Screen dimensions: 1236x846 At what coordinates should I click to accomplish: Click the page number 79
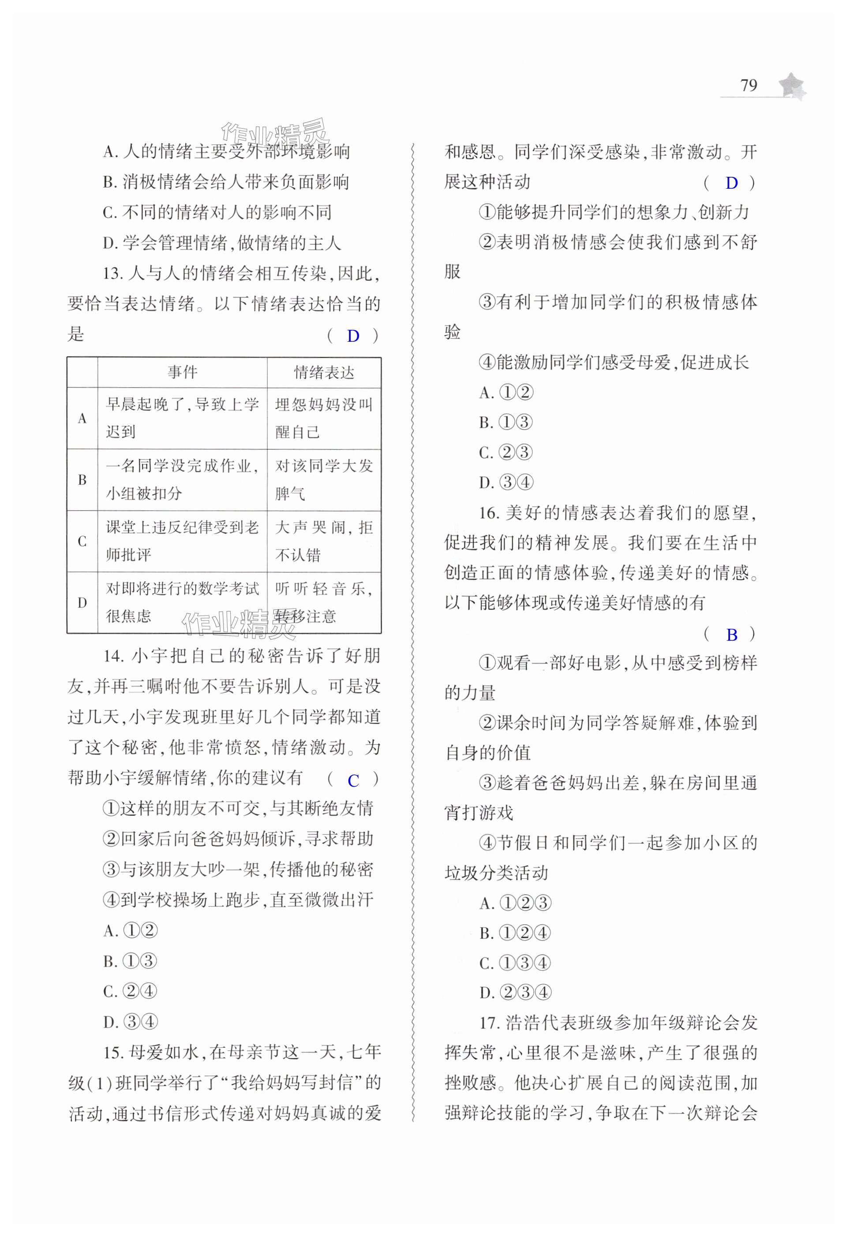[748, 86]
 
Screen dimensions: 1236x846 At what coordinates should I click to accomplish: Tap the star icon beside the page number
[792, 86]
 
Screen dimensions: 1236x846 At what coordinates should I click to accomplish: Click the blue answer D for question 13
[353, 336]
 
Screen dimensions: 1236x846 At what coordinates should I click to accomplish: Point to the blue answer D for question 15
[732, 183]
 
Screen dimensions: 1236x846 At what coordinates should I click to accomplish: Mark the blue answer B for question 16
[732, 635]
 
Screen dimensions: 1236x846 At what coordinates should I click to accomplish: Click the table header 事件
[183, 372]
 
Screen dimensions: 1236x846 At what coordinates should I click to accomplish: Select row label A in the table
[82, 418]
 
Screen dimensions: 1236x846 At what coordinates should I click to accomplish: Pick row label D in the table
[82, 603]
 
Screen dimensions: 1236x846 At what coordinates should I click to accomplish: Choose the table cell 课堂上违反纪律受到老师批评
[183, 541]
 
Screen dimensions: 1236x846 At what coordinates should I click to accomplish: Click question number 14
[113, 656]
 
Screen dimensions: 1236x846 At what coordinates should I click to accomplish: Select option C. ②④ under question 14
[131, 991]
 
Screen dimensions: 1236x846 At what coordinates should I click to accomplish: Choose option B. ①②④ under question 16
[514, 933]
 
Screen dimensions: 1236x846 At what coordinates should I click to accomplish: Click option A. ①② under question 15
[506, 393]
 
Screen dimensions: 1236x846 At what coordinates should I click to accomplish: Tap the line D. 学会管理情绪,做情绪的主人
[221, 243]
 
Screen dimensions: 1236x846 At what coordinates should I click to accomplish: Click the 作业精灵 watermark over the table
[240, 624]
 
